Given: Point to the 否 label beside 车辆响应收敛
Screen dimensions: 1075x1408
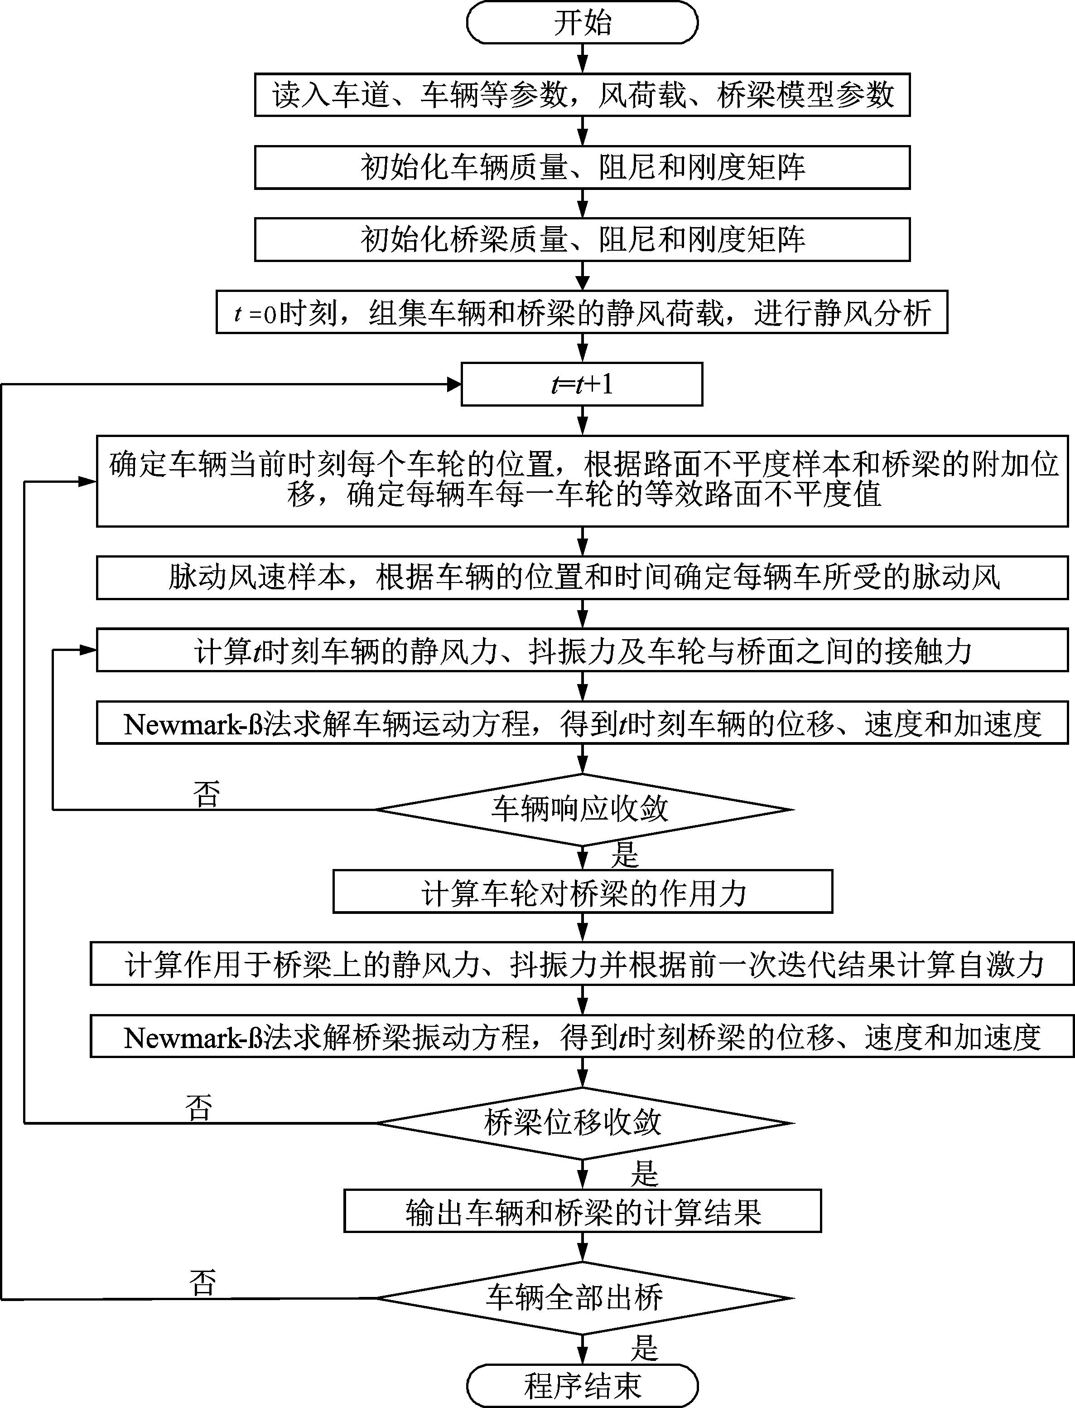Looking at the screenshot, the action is pyautogui.click(x=206, y=794).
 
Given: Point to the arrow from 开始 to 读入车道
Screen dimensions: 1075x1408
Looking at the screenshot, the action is pyautogui.click(x=582, y=59).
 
